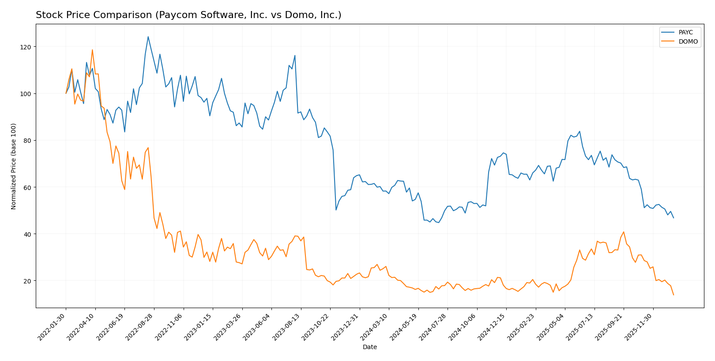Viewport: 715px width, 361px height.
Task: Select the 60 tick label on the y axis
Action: tap(28, 187)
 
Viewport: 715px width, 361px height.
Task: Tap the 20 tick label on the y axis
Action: tap(28, 281)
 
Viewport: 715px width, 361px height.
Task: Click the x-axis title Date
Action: tap(370, 347)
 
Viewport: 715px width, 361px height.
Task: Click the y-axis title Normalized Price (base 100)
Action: tap(14, 166)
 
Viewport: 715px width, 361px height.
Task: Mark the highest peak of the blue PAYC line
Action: tap(148, 37)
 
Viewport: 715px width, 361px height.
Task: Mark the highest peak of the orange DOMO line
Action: tap(92, 50)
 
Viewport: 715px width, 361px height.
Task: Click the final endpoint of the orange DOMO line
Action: tap(674, 295)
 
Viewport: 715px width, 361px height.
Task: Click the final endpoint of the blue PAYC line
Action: tap(674, 218)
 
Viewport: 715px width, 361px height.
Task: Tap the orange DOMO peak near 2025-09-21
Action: tap(624, 232)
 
